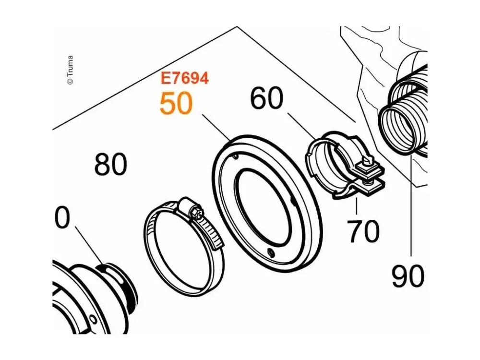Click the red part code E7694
185,78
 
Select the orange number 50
176,104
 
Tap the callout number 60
266,98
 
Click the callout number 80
110,164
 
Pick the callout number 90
408,276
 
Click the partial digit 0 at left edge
62,217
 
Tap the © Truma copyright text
70,70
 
